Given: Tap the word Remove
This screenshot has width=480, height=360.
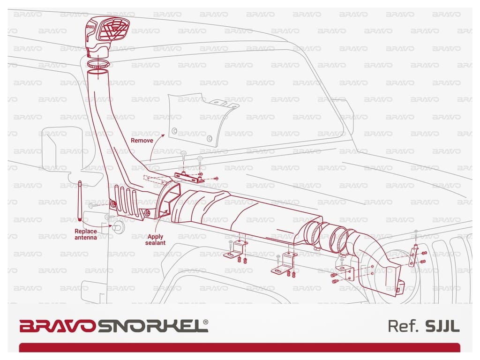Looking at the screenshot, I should click(142, 140).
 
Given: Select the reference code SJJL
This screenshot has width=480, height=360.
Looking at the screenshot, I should click(442, 326).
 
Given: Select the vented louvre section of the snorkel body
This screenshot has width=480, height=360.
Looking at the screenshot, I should click(127, 199).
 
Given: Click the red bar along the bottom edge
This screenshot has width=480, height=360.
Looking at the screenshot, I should click(240, 347).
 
